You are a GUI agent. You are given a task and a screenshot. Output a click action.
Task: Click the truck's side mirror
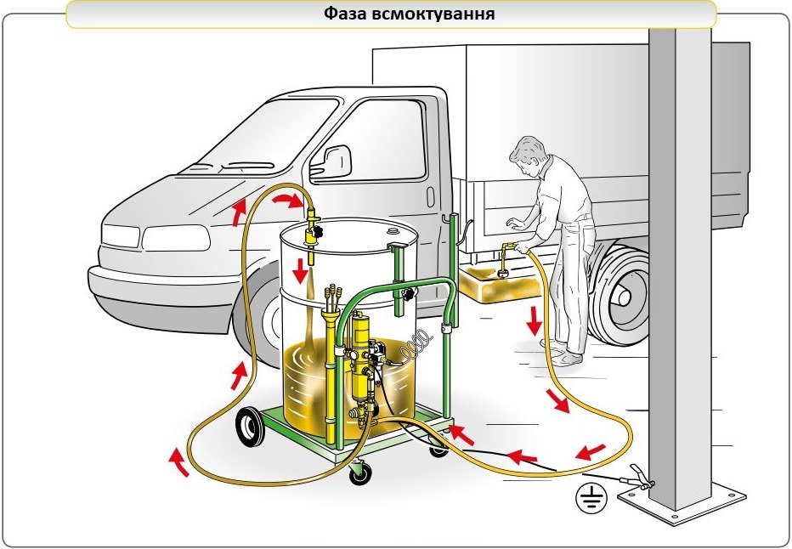(337, 159)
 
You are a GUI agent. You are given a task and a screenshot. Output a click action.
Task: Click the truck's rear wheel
(621, 290)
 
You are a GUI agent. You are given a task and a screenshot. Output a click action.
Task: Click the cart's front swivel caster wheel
(360, 473)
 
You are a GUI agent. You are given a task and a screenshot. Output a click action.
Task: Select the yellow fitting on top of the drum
(312, 229)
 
